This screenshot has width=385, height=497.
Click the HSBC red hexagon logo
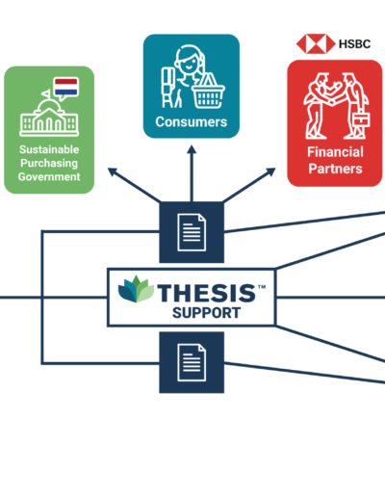click(x=316, y=43)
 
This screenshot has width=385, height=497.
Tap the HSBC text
click(x=354, y=44)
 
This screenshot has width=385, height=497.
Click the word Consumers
click(x=192, y=122)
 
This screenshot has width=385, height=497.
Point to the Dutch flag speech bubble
click(x=65, y=88)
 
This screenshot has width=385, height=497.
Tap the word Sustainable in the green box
click(x=49, y=149)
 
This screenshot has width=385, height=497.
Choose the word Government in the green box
click(x=49, y=177)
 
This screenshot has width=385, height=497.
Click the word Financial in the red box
click(x=335, y=152)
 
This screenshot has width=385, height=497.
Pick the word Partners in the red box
click(x=335, y=169)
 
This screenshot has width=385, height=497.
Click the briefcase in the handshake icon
click(x=361, y=119)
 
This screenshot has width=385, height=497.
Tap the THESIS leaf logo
click(x=136, y=289)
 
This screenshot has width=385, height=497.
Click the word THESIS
click(x=207, y=293)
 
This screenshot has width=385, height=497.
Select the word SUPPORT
click(x=206, y=313)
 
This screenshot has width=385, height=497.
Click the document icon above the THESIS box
click(x=192, y=232)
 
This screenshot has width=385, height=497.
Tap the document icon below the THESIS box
click(x=192, y=362)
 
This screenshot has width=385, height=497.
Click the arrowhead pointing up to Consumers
click(x=192, y=150)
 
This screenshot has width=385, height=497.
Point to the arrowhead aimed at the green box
click(x=113, y=171)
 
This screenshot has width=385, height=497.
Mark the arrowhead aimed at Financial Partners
click(x=271, y=171)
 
